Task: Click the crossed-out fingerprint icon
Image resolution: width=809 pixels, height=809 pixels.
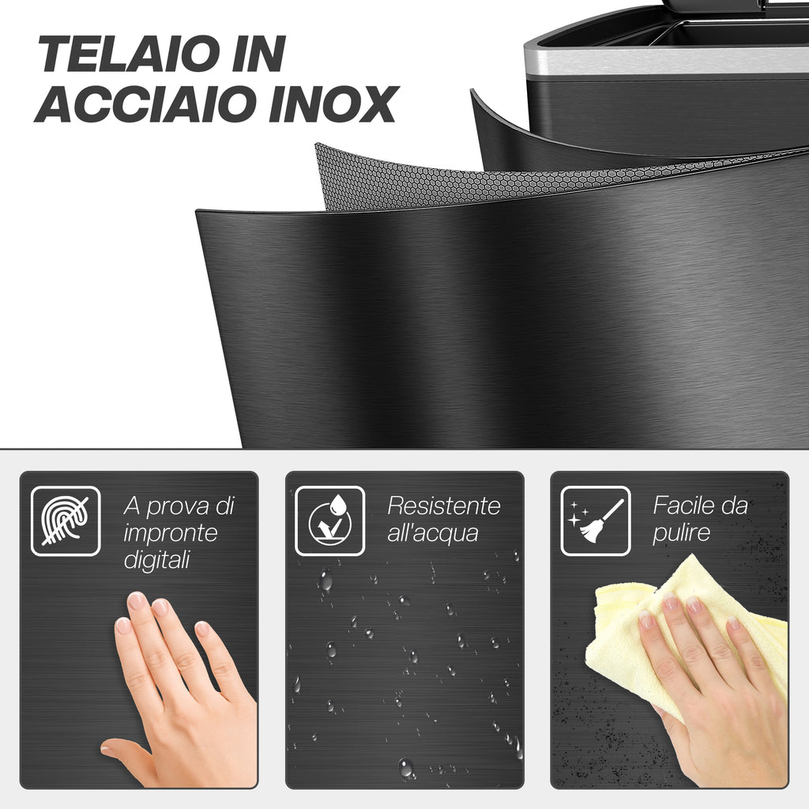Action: [x=66, y=521]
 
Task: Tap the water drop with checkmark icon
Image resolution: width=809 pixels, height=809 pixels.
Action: [x=329, y=521]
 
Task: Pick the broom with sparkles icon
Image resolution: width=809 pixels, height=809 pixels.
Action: [x=596, y=521]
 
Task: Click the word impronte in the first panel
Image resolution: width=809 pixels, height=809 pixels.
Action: [x=171, y=533]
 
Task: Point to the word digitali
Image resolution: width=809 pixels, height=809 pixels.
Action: [x=157, y=560]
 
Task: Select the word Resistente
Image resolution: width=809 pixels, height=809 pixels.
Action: [x=444, y=506]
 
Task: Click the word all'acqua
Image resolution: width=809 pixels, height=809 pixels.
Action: [x=432, y=533]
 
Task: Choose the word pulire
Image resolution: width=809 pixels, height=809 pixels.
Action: [x=681, y=533]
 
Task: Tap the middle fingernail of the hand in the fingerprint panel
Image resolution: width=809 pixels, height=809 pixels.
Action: [x=160, y=605]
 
